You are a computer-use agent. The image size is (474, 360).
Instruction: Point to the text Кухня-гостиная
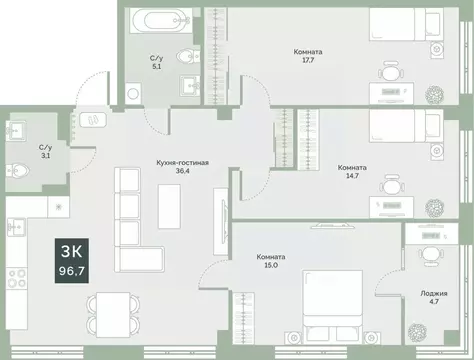pos(182,161)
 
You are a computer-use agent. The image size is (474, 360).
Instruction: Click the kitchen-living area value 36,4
pos(182,172)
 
